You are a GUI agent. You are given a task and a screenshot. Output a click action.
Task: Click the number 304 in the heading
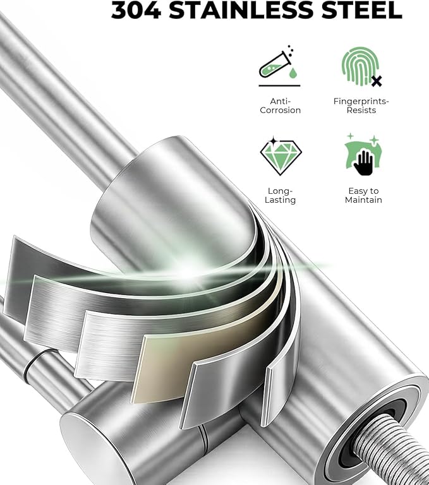click(136, 10)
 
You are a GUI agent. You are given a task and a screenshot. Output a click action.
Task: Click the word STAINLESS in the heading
click(242, 10)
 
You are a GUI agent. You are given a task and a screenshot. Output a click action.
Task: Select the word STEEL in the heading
click(362, 10)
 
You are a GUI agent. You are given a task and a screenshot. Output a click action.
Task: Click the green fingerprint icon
click(360, 66)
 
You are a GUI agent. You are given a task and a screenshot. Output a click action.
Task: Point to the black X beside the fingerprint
click(377, 81)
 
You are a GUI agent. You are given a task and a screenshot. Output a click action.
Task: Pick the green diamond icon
click(281, 156)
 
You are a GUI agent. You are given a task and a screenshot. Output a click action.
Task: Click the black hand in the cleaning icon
click(363, 162)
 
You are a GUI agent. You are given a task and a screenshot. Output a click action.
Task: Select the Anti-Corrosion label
click(280, 106)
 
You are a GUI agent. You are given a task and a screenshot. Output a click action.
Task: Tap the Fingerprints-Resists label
click(361, 106)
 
